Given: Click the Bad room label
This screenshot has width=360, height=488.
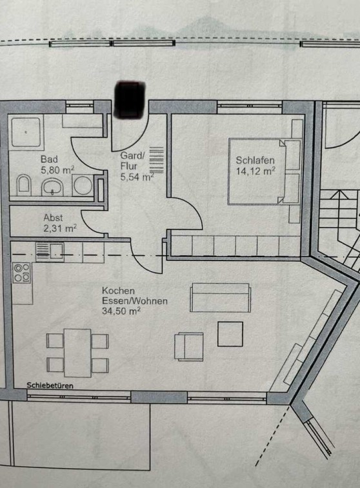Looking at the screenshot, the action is [x=49, y=159].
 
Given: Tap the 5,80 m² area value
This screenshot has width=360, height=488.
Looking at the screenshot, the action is [x=57, y=170].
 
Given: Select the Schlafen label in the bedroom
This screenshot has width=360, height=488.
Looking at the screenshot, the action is [x=255, y=161].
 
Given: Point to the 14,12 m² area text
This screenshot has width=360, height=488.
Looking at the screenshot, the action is [x=255, y=171].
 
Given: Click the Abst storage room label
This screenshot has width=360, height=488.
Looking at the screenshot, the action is [x=53, y=217].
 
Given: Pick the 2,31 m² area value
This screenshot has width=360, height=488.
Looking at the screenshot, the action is [x=60, y=228].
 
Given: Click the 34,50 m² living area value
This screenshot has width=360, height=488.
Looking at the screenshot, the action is [x=121, y=311].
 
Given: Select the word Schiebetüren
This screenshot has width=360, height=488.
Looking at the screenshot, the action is [x=50, y=386].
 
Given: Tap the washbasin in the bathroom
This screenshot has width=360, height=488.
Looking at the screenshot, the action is [x=52, y=187].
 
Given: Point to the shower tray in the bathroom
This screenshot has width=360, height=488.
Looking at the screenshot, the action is [x=26, y=132].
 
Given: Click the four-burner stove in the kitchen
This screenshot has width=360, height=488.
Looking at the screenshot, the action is [x=22, y=273].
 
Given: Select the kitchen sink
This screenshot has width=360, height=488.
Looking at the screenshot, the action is [x=50, y=252].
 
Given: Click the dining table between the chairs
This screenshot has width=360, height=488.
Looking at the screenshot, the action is [x=77, y=353].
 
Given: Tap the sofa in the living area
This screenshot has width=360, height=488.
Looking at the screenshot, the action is [x=221, y=298].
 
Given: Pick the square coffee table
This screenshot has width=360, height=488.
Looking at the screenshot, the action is [x=230, y=334].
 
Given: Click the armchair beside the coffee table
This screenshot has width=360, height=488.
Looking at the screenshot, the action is [x=189, y=347].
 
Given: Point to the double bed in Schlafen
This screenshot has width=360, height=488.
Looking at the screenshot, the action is [x=257, y=171].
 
